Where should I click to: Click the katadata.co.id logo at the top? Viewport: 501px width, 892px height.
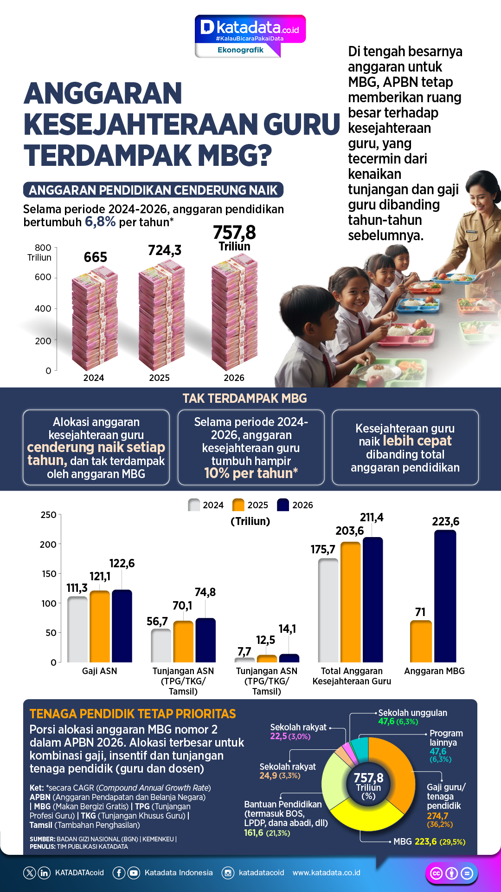pyautogui.click(x=250, y=29)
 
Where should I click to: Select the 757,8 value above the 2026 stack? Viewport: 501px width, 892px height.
pyautogui.click(x=234, y=232)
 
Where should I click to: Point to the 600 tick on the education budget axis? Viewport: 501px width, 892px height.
pyautogui.click(x=43, y=277)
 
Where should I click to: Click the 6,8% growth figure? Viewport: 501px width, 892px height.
pyautogui.click(x=100, y=222)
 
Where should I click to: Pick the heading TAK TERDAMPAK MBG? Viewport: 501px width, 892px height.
pyautogui.click(x=244, y=399)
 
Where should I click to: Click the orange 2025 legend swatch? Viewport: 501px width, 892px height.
pyautogui.click(x=238, y=505)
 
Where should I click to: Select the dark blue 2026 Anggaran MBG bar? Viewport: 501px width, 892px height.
pyautogui.click(x=445, y=597)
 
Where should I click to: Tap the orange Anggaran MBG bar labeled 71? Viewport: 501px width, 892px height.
pyautogui.click(x=421, y=642)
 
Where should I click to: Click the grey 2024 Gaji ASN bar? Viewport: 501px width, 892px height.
pyautogui.click(x=77, y=630)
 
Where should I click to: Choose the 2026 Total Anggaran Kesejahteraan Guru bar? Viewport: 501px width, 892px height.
pyautogui.click(x=373, y=600)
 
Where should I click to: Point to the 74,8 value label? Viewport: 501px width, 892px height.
pyautogui.click(x=205, y=592)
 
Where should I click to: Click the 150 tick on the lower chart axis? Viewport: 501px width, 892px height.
pyautogui.click(x=49, y=574)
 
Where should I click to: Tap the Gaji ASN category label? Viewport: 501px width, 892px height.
pyautogui.click(x=99, y=671)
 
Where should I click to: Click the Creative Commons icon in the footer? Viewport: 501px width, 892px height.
pyautogui.click(x=437, y=873)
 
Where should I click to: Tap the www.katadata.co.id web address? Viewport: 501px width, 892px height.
pyautogui.click(x=326, y=873)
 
